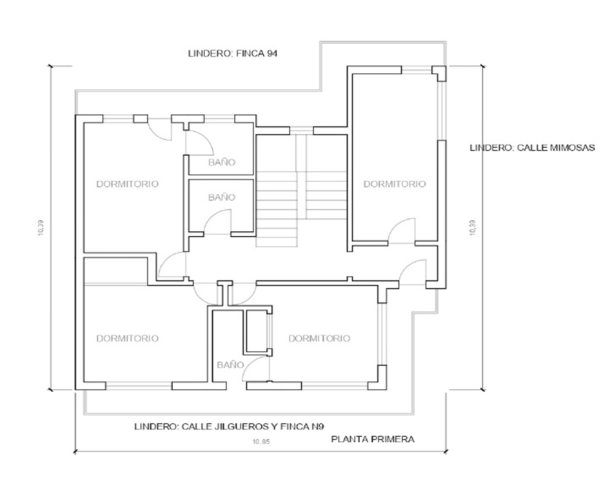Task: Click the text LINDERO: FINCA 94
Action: tap(232, 54)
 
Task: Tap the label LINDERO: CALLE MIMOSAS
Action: tap(532, 148)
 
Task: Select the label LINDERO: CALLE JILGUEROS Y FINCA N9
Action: tap(229, 426)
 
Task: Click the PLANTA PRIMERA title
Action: tap(373, 439)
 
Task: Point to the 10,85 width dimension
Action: tap(261, 442)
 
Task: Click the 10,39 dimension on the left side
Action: tap(41, 228)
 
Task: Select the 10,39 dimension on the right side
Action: tap(472, 228)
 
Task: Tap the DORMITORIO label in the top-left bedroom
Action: tap(127, 184)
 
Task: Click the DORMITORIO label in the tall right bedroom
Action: tap(395, 184)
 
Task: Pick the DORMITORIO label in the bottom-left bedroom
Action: tap(127, 338)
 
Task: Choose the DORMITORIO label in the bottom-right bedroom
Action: tap(319, 338)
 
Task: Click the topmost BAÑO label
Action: tap(221, 162)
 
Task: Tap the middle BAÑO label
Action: tap(221, 197)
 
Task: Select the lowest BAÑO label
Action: tap(230, 365)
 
